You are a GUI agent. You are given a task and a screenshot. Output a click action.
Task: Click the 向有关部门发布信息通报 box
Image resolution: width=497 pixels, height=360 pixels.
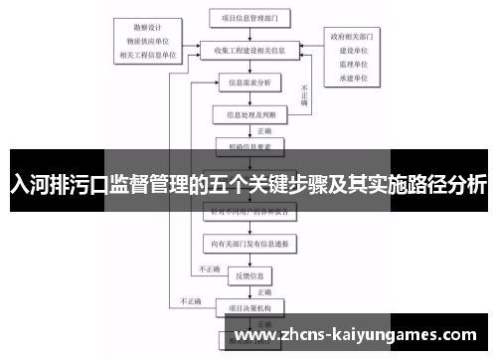[248, 243]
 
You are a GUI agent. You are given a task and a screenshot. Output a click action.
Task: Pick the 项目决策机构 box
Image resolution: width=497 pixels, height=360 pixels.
[248, 306]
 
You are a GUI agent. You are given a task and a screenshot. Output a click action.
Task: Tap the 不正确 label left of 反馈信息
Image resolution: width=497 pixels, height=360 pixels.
[210, 269]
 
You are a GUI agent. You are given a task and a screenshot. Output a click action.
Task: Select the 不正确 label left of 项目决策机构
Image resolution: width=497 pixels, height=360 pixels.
[190, 300]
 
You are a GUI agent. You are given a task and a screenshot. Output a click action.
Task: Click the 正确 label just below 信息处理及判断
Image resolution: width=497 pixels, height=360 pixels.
[264, 130]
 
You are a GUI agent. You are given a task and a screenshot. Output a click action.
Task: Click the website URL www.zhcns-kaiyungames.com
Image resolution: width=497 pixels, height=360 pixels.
[358, 335]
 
